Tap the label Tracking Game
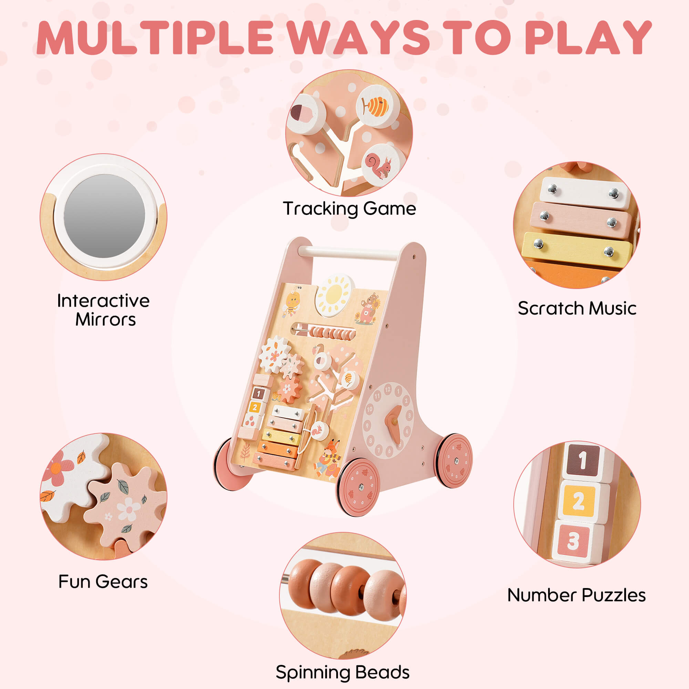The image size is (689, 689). point(349,209)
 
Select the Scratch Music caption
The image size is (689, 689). point(577,308)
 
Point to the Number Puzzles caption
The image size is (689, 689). point(576,595)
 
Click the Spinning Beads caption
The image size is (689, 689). point(342,672)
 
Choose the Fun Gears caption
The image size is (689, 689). point(103,582)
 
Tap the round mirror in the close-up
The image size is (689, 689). point(104,216)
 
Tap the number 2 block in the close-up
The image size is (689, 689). point(578,502)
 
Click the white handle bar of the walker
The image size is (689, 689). point(348,253)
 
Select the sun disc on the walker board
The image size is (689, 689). point(334,295)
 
